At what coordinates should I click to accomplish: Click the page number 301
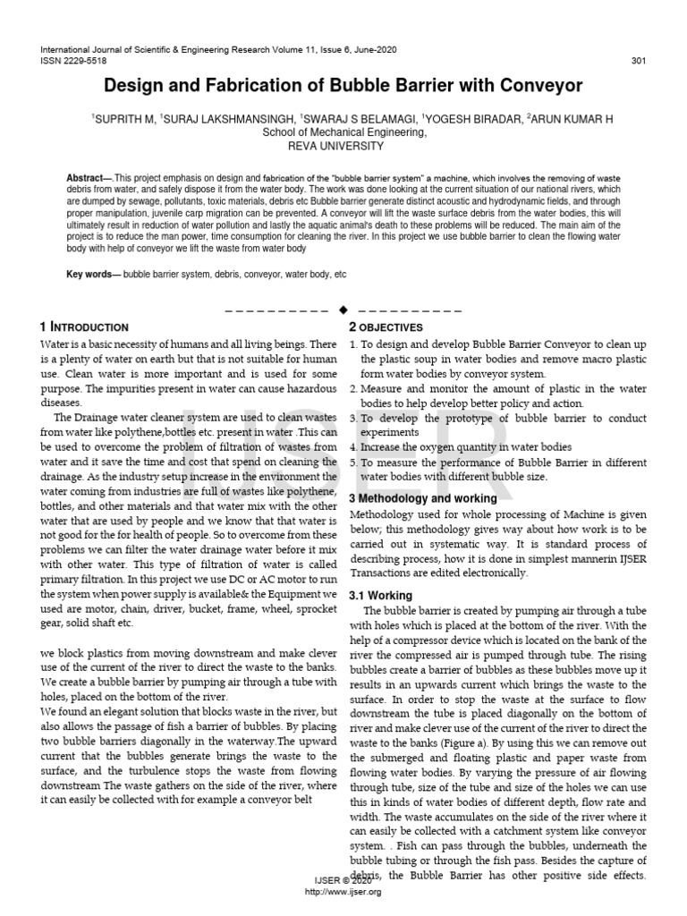[639, 61]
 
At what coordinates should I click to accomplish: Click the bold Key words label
[93, 273]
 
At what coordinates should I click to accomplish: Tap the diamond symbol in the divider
[343, 310]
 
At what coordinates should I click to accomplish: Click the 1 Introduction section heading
[85, 327]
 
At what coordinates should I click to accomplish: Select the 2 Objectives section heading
[386, 327]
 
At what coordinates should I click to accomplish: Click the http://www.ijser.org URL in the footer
[343, 892]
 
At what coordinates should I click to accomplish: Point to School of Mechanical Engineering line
[343, 131]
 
